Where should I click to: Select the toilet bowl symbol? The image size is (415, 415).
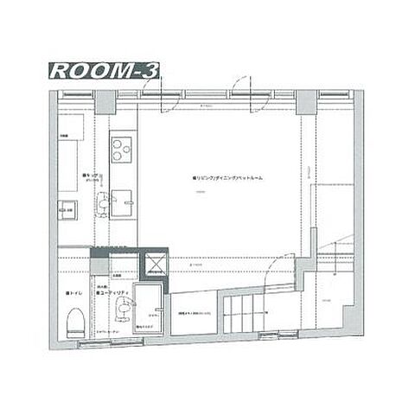[74, 323]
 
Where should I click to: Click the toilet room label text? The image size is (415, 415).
[73, 295]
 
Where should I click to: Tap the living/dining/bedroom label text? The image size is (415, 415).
[228, 177]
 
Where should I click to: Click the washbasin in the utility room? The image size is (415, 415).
[126, 309]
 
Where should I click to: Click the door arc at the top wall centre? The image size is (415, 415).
[240, 89]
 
